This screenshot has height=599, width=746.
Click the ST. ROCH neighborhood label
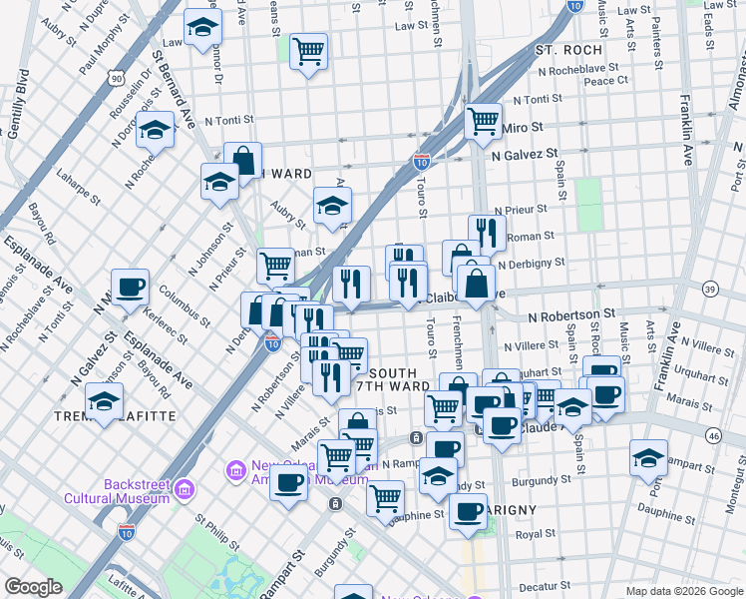click(568, 50)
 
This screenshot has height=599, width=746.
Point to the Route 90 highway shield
click(118, 78)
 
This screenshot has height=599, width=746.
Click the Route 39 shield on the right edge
click(710, 289)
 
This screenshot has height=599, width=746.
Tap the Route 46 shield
click(712, 435)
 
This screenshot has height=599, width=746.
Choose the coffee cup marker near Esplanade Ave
click(130, 288)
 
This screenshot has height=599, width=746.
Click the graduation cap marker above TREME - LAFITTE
click(105, 403)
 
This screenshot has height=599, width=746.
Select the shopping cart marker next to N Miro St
click(484, 121)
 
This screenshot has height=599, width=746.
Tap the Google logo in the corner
click(34, 587)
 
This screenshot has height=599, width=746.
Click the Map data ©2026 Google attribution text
click(683, 591)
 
